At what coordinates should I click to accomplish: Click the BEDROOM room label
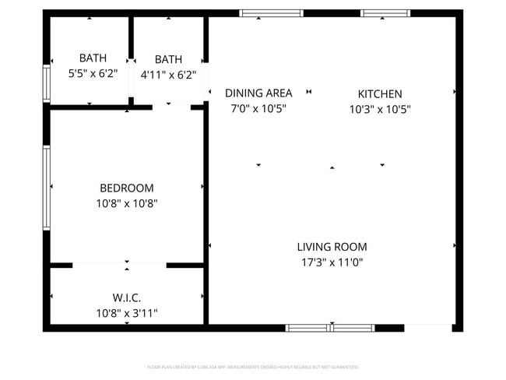coord(126,188)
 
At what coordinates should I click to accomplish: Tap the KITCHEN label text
coord(379,93)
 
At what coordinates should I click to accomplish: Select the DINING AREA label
coord(258,93)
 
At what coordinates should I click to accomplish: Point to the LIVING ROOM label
coord(332,247)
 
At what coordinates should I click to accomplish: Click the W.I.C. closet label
coord(126,297)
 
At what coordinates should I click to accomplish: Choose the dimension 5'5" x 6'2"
coord(93,74)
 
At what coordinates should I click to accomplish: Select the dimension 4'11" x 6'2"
coord(168,76)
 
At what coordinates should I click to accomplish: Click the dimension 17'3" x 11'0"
coord(332,262)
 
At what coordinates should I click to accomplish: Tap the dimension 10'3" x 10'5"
coord(379,110)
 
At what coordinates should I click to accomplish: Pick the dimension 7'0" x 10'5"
coord(258,110)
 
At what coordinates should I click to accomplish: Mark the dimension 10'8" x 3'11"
coord(126,313)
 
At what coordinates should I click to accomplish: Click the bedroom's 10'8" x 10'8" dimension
coord(126,203)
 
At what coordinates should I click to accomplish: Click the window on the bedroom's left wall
coord(47,188)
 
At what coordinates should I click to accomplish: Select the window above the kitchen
coord(385,13)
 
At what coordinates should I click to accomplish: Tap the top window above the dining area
coord(271,13)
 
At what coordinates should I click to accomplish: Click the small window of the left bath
coord(47,83)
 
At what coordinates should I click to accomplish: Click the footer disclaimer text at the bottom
coord(253,367)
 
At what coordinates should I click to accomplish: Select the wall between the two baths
coord(132,58)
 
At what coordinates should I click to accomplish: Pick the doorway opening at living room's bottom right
coord(429,327)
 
